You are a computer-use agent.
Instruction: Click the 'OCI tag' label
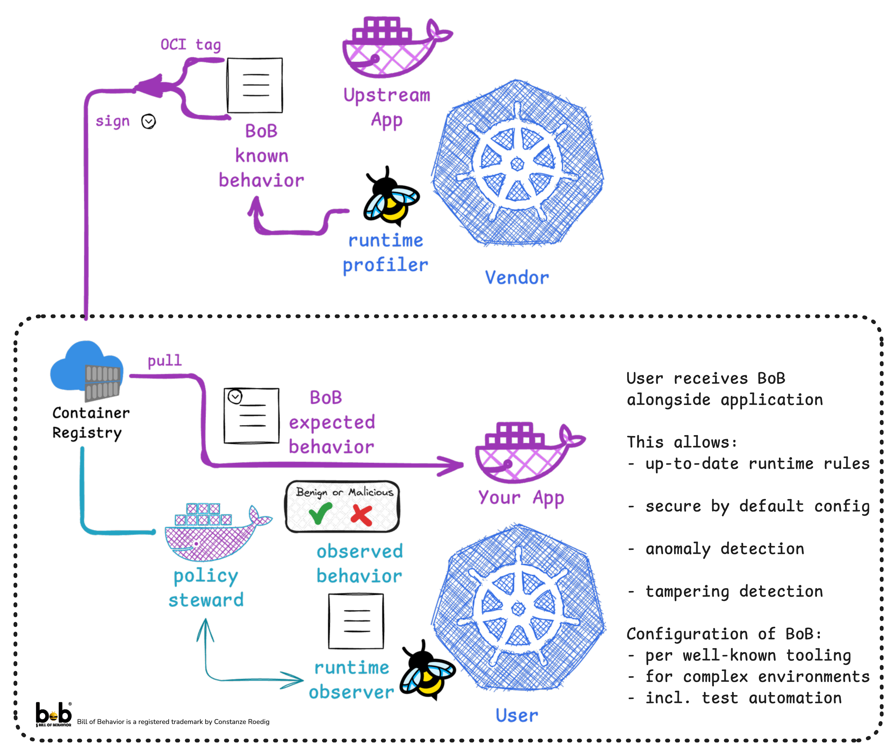191,45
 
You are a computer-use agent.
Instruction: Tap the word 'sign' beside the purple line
112,121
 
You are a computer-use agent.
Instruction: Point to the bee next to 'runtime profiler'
391,204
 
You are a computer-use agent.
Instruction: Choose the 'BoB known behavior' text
261,156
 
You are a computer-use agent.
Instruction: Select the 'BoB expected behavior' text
331,422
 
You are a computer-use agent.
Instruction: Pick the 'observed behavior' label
359,564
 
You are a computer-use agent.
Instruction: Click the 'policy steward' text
206,588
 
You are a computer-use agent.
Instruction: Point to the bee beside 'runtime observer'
428,677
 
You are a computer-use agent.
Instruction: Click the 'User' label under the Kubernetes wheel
517,715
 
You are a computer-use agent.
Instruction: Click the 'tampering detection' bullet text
734,591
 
